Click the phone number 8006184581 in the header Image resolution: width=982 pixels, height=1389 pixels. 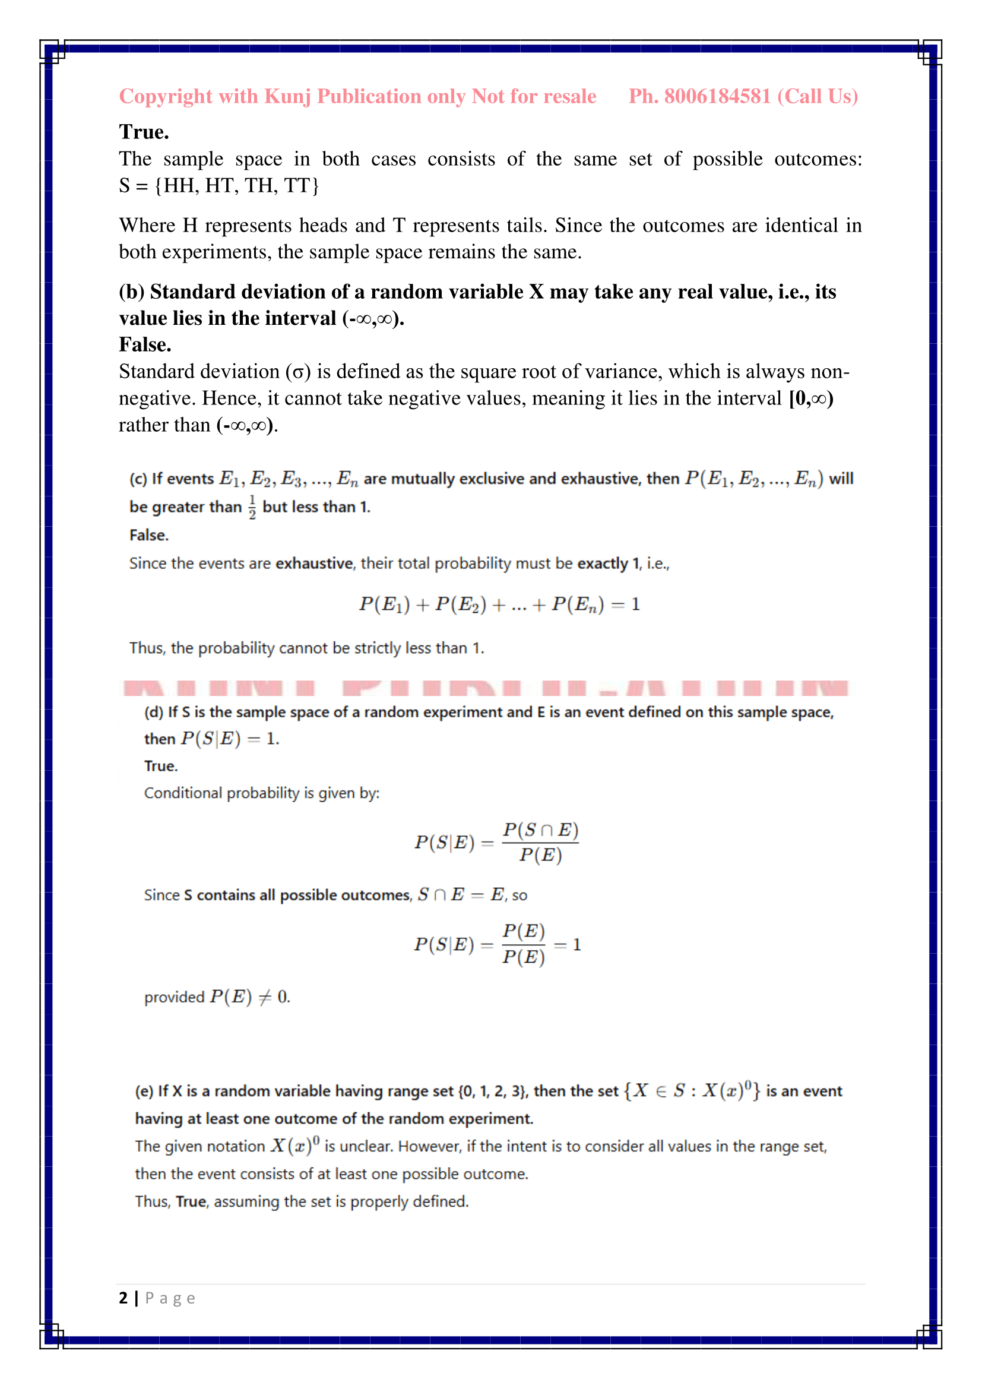pos(717,97)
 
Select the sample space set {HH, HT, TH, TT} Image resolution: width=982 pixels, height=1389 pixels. pos(236,186)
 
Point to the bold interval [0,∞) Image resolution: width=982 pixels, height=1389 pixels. pos(811,398)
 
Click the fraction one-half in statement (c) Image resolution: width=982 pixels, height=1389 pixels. pos(252,507)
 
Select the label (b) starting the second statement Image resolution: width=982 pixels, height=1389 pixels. pos(132,292)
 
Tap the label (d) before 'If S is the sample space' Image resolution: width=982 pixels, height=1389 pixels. pos(154,712)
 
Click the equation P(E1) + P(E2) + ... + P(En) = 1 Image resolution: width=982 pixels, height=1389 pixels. pos(499,605)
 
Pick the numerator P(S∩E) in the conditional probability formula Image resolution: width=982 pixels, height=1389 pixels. pos(541,830)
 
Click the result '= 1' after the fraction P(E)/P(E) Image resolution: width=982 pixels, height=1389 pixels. pos(568,944)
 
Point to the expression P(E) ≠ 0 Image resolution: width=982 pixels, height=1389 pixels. pos(250,997)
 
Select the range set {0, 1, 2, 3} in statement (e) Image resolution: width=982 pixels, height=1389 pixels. pos(492,1091)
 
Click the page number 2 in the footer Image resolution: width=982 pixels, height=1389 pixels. pos(123,1298)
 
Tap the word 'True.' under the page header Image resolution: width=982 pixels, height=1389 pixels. pos(144,132)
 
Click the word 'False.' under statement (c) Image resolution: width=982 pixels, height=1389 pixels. pos(149,536)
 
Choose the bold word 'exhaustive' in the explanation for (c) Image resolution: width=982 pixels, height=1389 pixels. pos(314,564)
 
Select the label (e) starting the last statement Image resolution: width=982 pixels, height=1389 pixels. pos(144,1091)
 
